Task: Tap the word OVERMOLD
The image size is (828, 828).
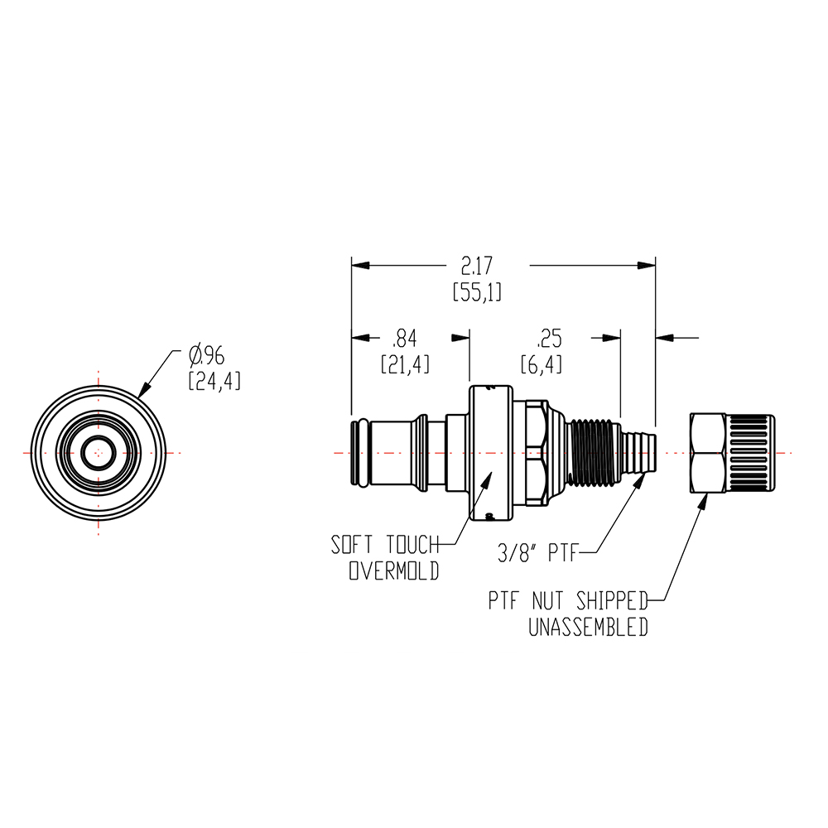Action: coord(394,572)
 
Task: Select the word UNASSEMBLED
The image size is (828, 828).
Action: coord(588,628)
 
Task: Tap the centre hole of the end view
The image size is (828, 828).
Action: coord(99,452)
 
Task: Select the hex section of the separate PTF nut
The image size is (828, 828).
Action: coord(709,453)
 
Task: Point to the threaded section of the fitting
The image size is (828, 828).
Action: coord(594,453)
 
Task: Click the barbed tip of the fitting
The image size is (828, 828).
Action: coord(640,453)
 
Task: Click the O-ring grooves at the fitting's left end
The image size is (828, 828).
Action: coord(361,453)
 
